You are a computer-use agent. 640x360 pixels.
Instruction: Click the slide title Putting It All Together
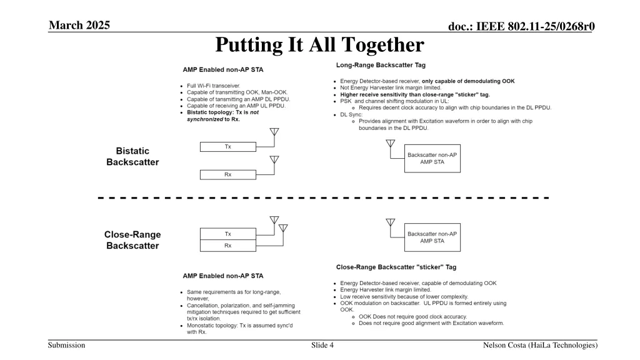(x=319, y=45)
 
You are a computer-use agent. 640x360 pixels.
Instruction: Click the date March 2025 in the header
(x=79, y=25)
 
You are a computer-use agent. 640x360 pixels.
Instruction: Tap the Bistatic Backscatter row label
(x=132, y=156)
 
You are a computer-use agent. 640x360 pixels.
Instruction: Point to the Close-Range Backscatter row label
(x=132, y=240)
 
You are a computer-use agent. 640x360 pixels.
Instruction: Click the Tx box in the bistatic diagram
(x=228, y=146)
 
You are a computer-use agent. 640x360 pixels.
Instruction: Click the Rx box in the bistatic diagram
(x=228, y=174)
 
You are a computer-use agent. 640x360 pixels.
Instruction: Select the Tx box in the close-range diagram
(x=228, y=234)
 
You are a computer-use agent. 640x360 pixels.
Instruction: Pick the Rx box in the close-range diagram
(x=228, y=246)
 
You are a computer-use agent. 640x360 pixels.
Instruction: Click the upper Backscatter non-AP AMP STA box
(x=432, y=158)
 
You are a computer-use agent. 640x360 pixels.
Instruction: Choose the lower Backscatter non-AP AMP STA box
(x=432, y=237)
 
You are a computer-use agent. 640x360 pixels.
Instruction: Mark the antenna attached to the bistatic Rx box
(x=274, y=161)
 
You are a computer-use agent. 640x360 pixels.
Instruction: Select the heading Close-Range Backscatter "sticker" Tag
(x=396, y=267)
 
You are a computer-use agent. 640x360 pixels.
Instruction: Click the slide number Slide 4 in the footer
(x=322, y=346)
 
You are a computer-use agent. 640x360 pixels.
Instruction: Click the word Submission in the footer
(x=67, y=346)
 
